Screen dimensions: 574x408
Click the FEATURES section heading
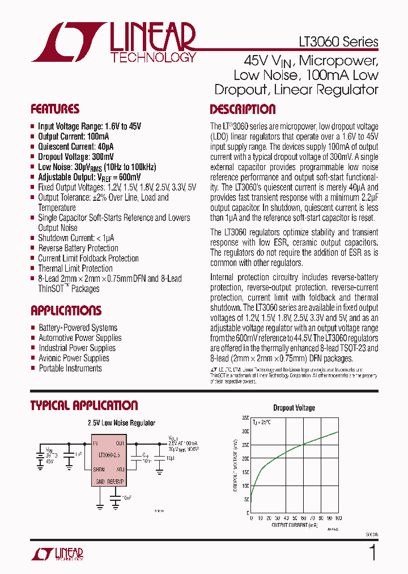click(55, 109)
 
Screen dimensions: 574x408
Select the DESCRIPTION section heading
click(243, 109)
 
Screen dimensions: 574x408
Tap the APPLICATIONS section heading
click(66, 310)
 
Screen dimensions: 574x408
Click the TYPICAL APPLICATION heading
click(84, 405)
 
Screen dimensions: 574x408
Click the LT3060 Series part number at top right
click(338, 43)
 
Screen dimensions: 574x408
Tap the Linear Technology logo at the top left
click(113, 43)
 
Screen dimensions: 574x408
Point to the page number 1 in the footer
click(372, 553)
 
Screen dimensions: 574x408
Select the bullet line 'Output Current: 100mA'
click(74, 137)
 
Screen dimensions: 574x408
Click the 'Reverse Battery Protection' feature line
click(78, 248)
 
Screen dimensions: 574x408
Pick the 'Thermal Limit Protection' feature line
click(75, 268)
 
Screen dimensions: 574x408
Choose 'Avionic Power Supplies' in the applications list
click(74, 358)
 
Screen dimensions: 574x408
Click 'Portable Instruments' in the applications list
click(70, 368)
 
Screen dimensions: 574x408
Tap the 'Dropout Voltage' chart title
click(294, 407)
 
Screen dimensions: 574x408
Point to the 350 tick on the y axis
click(245, 417)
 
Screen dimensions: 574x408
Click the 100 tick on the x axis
click(339, 518)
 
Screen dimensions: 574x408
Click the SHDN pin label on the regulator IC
click(99, 469)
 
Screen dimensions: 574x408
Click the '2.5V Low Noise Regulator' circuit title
click(121, 423)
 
